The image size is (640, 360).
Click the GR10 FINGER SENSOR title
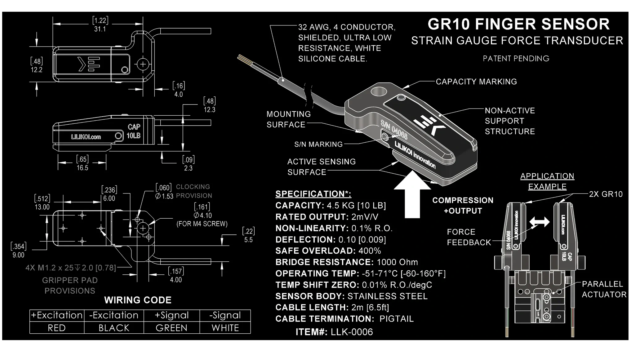[518, 24]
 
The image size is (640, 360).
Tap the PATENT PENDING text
[516, 58]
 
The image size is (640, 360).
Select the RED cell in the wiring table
[57, 328]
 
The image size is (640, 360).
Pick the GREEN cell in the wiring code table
[171, 328]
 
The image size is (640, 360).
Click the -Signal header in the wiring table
[225, 315]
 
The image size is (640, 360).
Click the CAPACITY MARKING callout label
[476, 82]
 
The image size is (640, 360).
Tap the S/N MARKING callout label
[318, 144]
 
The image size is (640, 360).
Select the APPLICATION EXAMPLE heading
[547, 181]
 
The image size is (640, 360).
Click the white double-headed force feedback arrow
[540, 222]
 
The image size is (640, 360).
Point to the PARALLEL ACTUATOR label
[604, 289]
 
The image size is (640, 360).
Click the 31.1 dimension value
[100, 29]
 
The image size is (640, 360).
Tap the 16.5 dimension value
[82, 168]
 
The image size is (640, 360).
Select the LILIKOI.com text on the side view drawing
[86, 137]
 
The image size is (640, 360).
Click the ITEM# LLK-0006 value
[352, 332]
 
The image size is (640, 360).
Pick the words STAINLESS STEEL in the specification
[387, 296]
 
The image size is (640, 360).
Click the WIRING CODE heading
[138, 300]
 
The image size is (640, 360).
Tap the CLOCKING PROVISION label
[194, 191]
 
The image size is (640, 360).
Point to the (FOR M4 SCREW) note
[202, 224]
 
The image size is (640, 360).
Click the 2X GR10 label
[606, 194]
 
